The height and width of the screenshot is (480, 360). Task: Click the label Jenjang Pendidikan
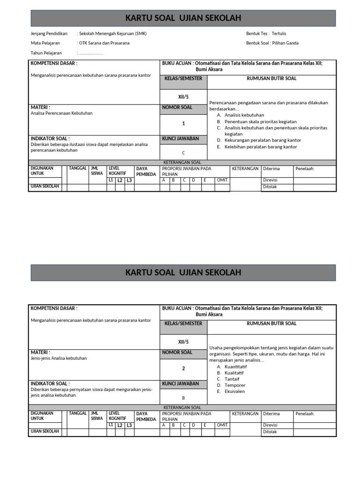[x=49, y=34]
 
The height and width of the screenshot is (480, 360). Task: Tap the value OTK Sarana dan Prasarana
[x=104, y=43]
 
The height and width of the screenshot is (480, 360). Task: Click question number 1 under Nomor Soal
[x=183, y=124]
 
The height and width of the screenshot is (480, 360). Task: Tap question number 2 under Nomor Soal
[x=183, y=368]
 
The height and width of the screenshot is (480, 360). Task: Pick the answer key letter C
[x=183, y=153]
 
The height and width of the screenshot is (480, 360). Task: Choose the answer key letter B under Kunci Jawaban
[x=183, y=397]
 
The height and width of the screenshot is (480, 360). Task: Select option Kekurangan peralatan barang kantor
[x=262, y=140]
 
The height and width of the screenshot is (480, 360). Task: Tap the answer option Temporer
[x=235, y=385]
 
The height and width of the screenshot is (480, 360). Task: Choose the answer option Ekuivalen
[x=235, y=391]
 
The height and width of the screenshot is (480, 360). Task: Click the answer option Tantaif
[x=232, y=379]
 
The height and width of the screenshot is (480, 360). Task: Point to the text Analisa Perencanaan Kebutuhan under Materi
[x=61, y=113]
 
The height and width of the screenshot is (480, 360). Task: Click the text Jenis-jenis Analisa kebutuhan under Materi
[x=59, y=358]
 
